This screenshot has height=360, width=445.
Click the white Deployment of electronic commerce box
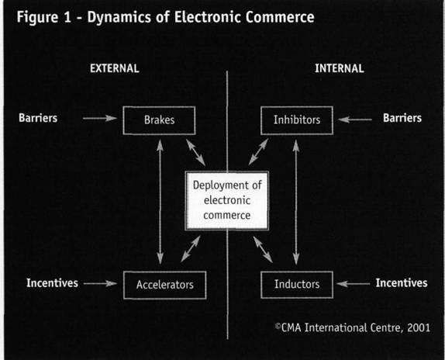(x=226, y=200)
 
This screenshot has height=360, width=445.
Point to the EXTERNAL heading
(x=115, y=68)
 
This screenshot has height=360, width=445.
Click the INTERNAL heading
(x=340, y=68)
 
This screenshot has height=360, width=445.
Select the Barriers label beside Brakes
(x=38, y=118)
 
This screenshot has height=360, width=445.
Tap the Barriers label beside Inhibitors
(x=402, y=118)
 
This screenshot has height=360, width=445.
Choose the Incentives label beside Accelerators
(x=52, y=283)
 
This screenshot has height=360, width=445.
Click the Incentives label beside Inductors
(x=402, y=283)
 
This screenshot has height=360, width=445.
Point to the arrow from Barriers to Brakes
(x=100, y=118)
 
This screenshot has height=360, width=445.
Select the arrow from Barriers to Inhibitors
(x=355, y=119)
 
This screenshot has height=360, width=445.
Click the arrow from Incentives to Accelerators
(x=100, y=283)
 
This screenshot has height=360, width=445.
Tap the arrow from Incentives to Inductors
(x=354, y=284)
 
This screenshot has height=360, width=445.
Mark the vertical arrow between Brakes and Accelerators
(x=160, y=202)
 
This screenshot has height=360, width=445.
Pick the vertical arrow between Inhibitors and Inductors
(x=296, y=202)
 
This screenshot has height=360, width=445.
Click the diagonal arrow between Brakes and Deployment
(x=195, y=153)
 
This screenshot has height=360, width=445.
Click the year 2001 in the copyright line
(x=419, y=328)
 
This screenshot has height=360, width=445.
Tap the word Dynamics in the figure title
(x=119, y=17)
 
